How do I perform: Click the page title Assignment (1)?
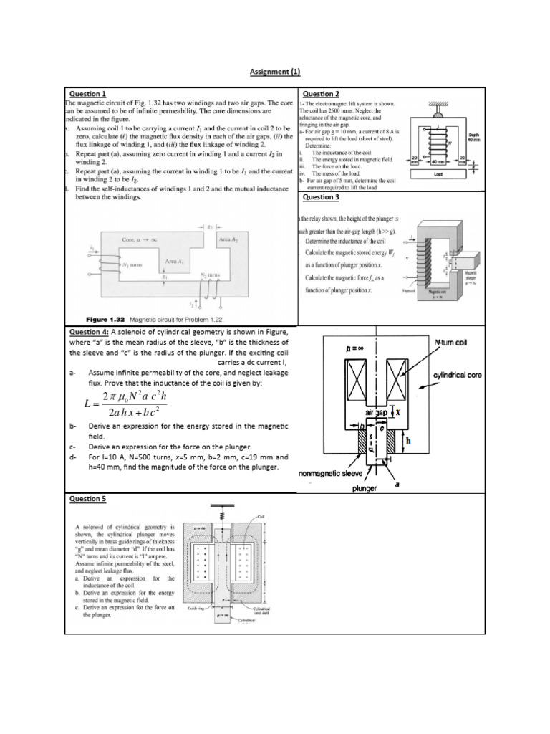(x=275, y=72)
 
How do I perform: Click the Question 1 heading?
(x=87, y=94)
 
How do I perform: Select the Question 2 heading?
(x=321, y=94)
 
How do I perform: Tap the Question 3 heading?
(x=321, y=197)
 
